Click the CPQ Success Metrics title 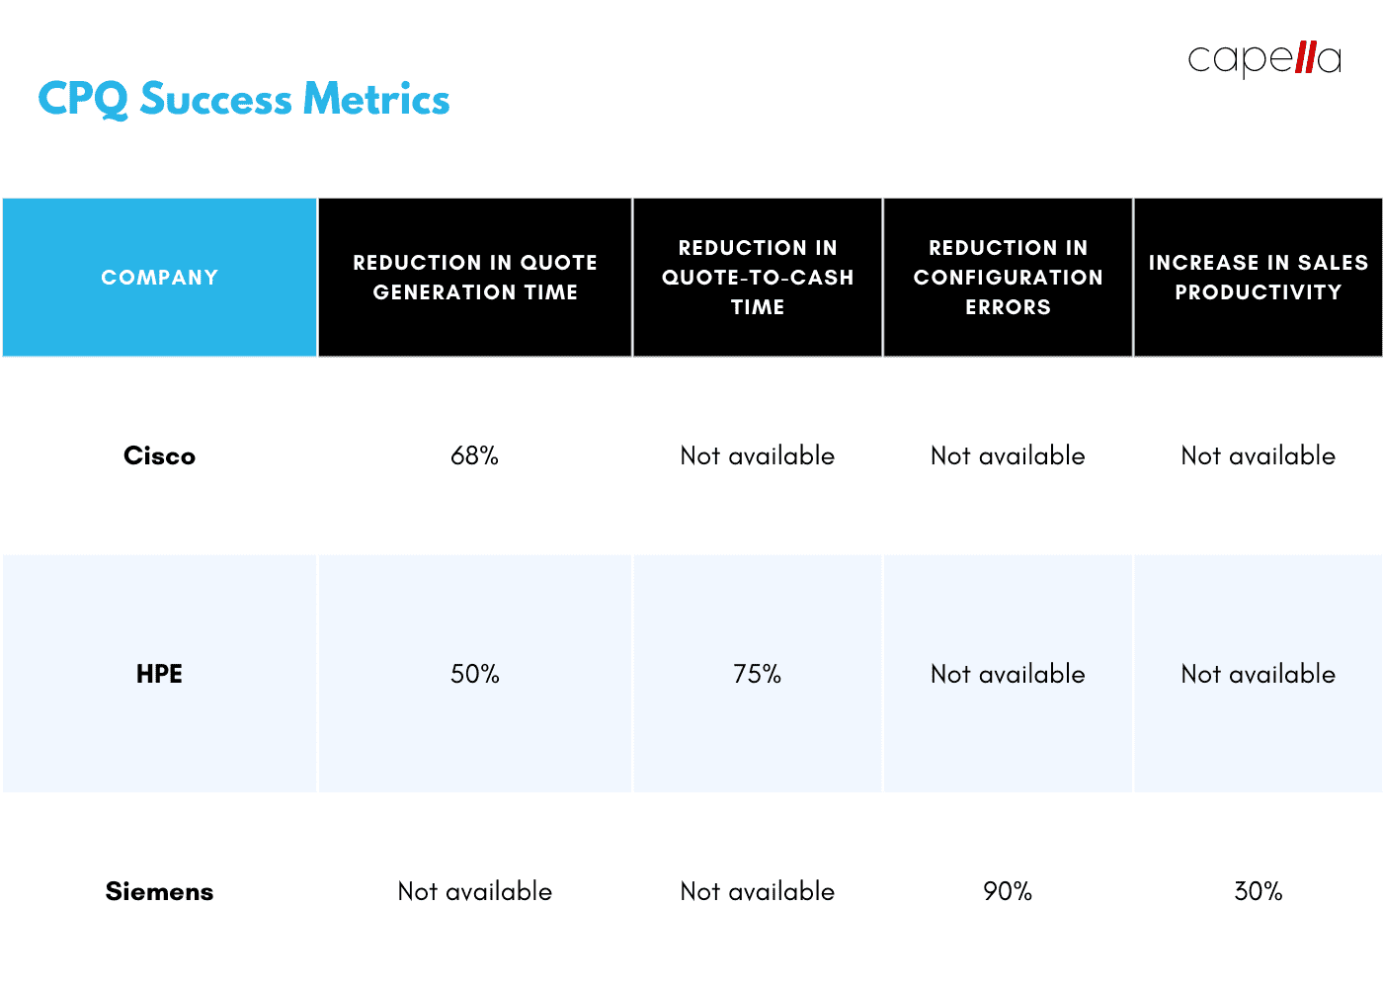click(x=243, y=100)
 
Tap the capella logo click(x=1263, y=58)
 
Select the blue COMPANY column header click(x=159, y=278)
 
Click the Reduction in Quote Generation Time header click(x=475, y=278)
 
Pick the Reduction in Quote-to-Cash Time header click(x=758, y=278)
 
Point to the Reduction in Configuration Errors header click(x=1008, y=278)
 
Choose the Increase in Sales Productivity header click(x=1258, y=278)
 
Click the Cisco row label click(x=159, y=455)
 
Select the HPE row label click(x=159, y=674)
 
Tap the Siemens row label click(x=159, y=891)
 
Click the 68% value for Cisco click(x=475, y=455)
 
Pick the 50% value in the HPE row click(x=475, y=674)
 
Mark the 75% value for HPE click(x=758, y=674)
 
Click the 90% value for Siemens click(x=1008, y=891)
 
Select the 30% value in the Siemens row click(x=1258, y=891)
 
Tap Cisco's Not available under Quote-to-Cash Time click(x=758, y=455)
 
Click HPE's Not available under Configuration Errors click(x=1008, y=674)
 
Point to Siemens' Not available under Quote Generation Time click(x=475, y=891)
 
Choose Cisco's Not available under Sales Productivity click(x=1258, y=455)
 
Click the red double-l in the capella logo click(x=1305, y=56)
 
